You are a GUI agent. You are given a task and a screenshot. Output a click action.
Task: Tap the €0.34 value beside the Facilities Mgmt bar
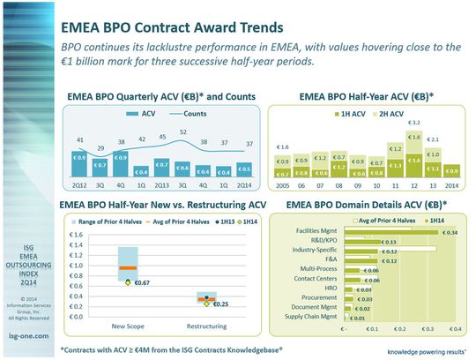click(450, 232)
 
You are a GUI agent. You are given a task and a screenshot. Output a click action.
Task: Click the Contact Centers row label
click(317, 279)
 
